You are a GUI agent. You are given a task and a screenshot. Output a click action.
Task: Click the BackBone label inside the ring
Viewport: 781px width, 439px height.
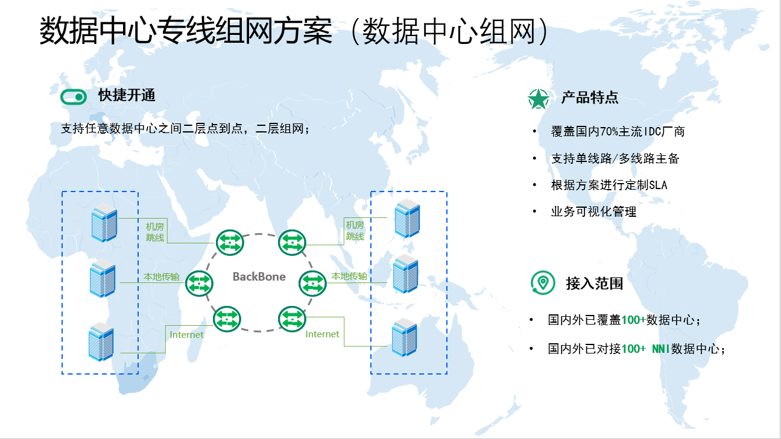click(x=259, y=277)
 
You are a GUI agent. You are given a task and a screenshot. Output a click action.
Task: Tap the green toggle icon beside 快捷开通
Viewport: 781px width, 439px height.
click(x=74, y=97)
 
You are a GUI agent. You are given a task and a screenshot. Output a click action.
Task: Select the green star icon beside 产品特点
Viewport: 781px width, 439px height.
click(x=538, y=98)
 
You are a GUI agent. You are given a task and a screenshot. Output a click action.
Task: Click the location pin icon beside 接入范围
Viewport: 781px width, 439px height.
click(x=543, y=282)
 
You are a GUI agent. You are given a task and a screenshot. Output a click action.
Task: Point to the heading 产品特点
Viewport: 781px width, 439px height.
click(x=590, y=98)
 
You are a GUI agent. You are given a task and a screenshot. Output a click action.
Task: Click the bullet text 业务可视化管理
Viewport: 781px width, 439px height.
click(x=593, y=211)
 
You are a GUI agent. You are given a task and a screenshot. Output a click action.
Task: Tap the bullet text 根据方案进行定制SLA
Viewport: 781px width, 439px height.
click(x=609, y=185)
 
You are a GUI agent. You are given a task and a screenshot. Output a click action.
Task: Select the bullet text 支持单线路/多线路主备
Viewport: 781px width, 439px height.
click(x=615, y=158)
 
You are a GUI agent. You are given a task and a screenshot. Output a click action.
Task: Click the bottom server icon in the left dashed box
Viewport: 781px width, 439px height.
click(x=101, y=341)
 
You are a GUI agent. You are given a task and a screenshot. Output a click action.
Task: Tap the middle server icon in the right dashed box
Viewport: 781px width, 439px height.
click(x=406, y=274)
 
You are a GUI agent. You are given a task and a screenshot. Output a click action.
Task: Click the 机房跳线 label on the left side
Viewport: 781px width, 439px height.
click(x=155, y=232)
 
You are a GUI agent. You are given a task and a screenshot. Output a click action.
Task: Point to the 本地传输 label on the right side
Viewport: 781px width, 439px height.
click(x=349, y=276)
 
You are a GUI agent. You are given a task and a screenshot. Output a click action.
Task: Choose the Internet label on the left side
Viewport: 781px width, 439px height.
click(x=187, y=335)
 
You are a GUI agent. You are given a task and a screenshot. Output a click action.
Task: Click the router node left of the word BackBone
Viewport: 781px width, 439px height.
click(x=199, y=283)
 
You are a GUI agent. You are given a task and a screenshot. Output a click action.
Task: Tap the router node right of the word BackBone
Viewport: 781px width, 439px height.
click(x=312, y=283)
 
